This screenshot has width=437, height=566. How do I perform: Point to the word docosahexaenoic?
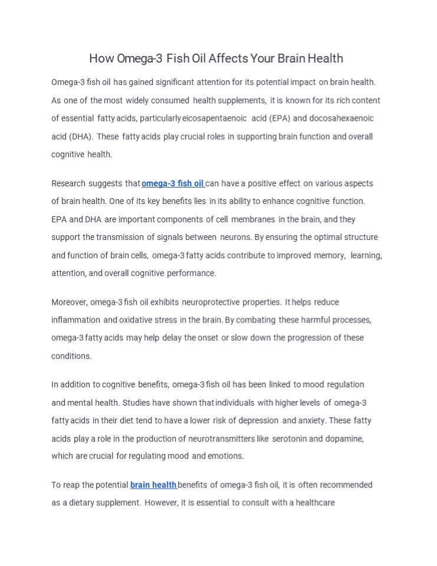click(x=341, y=118)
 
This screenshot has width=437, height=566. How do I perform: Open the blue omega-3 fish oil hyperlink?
click(x=173, y=183)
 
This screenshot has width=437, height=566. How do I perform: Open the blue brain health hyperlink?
click(x=153, y=485)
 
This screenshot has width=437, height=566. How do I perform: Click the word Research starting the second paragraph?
click(x=68, y=183)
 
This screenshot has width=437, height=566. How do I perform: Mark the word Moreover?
click(x=69, y=302)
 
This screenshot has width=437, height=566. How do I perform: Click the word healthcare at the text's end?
click(x=311, y=503)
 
